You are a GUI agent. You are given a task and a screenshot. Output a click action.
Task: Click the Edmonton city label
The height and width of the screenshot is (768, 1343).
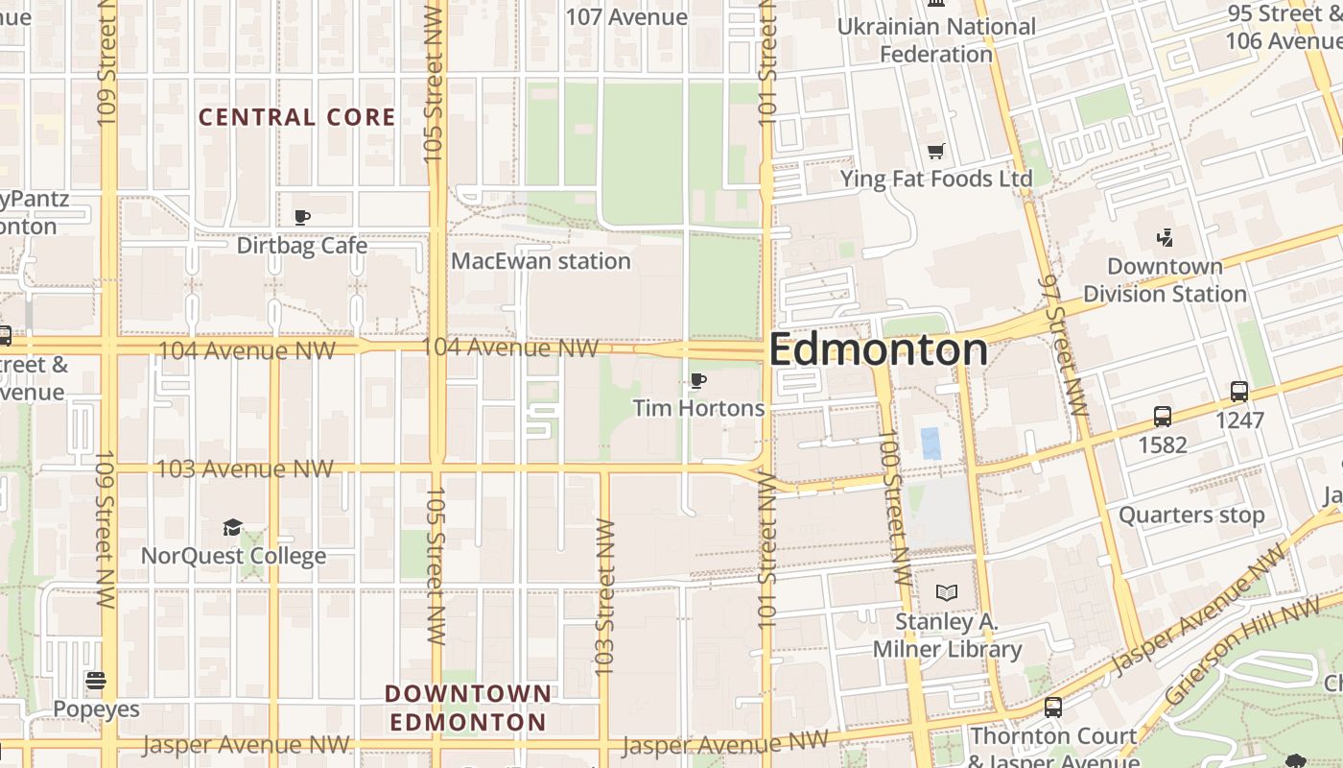pyautogui.click(x=878, y=349)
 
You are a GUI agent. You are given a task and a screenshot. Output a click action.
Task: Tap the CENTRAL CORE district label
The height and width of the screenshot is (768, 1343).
pyautogui.click(x=296, y=117)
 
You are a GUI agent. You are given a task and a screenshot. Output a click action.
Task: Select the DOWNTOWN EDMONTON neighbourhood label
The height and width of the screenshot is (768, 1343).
pyautogui.click(x=468, y=708)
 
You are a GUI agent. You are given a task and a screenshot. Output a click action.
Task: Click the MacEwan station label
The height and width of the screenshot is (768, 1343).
pyautogui.click(x=541, y=261)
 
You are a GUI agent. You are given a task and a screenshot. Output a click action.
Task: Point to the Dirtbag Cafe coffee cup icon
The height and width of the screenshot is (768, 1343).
pyautogui.click(x=302, y=218)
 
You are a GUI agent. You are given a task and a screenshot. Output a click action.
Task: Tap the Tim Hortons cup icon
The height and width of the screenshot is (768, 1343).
pyautogui.click(x=698, y=381)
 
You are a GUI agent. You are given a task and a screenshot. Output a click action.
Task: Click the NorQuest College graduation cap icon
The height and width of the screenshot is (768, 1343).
pyautogui.click(x=233, y=528)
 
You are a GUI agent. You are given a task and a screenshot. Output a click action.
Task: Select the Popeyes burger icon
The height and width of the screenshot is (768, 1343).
pyautogui.click(x=96, y=682)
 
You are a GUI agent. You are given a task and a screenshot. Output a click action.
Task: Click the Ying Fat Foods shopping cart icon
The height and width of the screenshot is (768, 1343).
pyautogui.click(x=936, y=151)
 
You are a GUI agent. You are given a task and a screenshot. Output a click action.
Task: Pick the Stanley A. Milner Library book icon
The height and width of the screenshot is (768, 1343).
pyautogui.click(x=947, y=593)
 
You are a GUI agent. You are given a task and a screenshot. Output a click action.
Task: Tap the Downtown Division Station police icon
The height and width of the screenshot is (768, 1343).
pyautogui.click(x=1165, y=237)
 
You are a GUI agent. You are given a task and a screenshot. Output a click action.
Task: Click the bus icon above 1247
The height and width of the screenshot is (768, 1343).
pyautogui.click(x=1239, y=392)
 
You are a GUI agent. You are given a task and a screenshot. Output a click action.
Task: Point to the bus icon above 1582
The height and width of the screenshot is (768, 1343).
pyautogui.click(x=1163, y=417)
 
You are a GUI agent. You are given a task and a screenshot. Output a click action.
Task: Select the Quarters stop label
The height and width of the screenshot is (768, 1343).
pyautogui.click(x=1191, y=516)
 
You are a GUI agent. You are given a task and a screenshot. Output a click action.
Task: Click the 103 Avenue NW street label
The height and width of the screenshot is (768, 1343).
pyautogui.click(x=245, y=468)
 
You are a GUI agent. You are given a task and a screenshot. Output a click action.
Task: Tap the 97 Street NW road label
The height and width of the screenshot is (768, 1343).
pyautogui.click(x=1065, y=346)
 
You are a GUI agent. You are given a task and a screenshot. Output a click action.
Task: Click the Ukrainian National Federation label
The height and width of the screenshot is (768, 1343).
pyautogui.click(x=936, y=40)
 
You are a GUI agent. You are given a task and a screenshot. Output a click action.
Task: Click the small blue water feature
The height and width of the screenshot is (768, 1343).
pyautogui.click(x=931, y=444)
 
